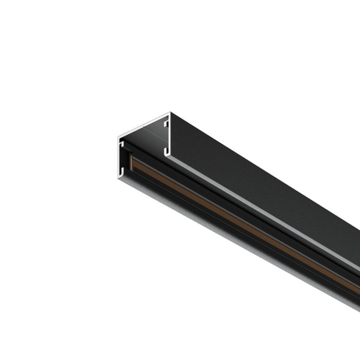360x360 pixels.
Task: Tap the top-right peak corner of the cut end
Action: tap(170, 112)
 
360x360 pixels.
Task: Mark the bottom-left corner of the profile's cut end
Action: tap(118, 176)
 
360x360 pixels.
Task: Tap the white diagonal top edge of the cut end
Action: tap(144, 124)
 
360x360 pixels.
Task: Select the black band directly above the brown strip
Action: tap(222, 208)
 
